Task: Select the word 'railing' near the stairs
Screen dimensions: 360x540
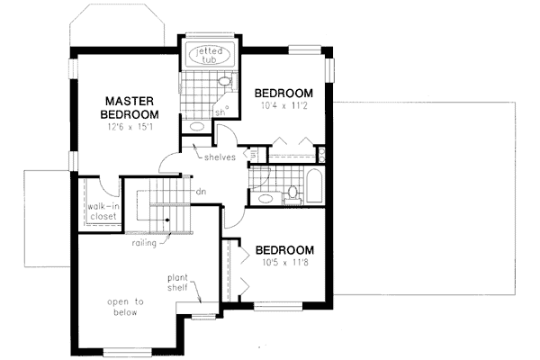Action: click(142, 242)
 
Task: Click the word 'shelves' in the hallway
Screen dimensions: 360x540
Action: click(220, 157)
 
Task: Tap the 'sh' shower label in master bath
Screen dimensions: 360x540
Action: click(220, 112)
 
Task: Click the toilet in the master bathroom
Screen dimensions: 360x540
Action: click(226, 84)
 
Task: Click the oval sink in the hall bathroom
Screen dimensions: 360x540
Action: click(263, 196)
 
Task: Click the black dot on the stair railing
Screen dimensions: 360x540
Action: click(167, 220)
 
